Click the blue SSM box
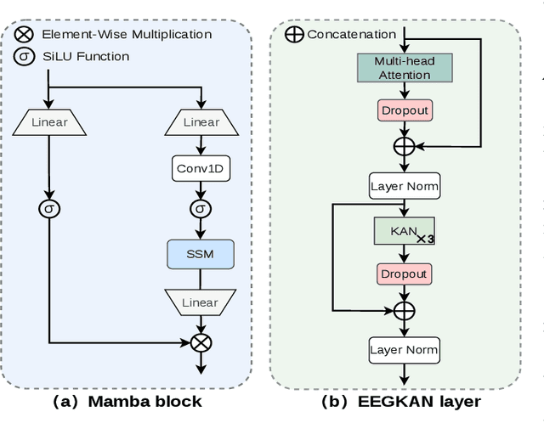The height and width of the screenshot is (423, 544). click(201, 255)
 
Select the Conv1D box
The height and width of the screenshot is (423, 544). click(201, 168)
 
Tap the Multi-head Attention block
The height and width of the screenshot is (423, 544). click(404, 69)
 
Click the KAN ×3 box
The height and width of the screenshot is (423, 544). click(404, 232)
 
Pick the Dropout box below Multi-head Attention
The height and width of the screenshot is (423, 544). click(404, 110)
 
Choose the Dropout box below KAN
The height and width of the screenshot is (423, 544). click(404, 274)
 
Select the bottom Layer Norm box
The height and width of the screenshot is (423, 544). click(404, 349)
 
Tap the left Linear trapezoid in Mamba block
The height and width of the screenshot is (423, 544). click(48, 123)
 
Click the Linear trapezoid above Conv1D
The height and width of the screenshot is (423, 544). click(201, 123)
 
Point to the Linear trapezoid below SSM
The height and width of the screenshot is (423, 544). click(201, 302)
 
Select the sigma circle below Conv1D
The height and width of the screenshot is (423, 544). click(201, 209)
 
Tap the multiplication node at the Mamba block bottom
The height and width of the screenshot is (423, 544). click(201, 342)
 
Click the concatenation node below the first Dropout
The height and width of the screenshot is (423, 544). click(404, 146)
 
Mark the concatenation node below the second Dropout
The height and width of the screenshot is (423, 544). click(404, 310)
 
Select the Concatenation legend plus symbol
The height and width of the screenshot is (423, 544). click(296, 35)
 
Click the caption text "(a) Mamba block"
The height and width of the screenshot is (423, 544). click(127, 402)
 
